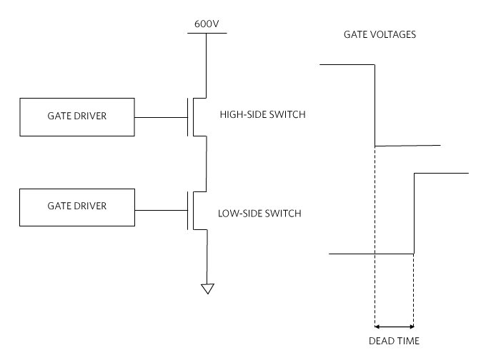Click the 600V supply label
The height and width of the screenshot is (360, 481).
tap(207, 24)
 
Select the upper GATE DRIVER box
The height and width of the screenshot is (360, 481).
tap(77, 117)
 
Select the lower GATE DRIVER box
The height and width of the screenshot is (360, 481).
tap(77, 207)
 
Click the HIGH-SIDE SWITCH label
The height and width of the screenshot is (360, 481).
tap(262, 114)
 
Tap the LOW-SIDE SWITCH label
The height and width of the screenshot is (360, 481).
tap(259, 213)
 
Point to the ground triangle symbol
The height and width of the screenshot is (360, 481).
tap(207, 289)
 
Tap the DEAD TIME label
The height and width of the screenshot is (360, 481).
tap(394, 340)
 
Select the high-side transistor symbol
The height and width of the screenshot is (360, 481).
tap(196, 116)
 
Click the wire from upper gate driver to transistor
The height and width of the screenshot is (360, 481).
tap(161, 116)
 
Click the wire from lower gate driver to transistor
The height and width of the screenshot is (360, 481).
tap(161, 211)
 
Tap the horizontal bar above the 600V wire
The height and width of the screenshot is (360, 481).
tap(207, 32)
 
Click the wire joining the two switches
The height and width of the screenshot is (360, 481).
tap(207, 163)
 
